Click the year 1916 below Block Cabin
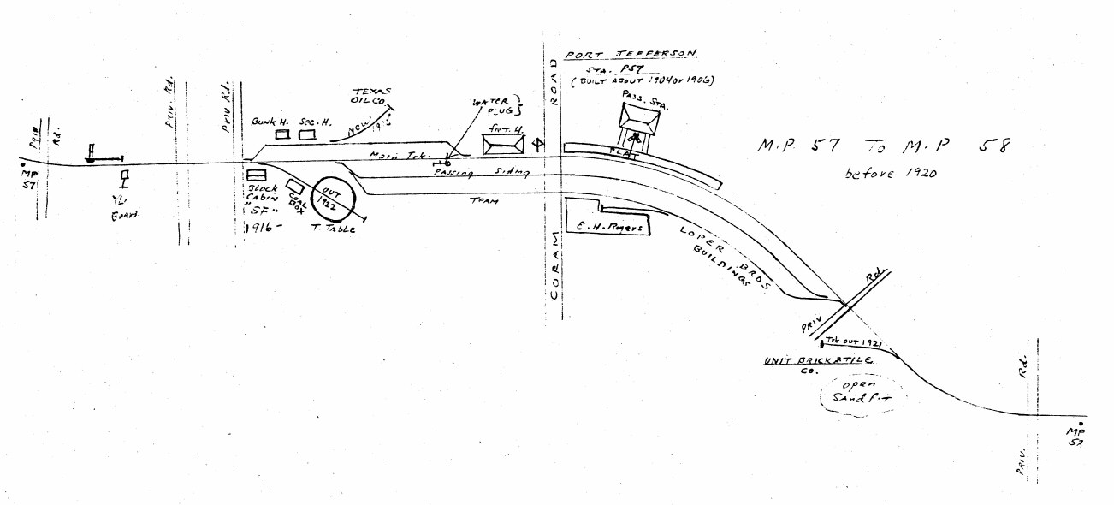pyautogui.click(x=262, y=228)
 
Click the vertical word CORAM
pyautogui.click(x=554, y=264)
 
